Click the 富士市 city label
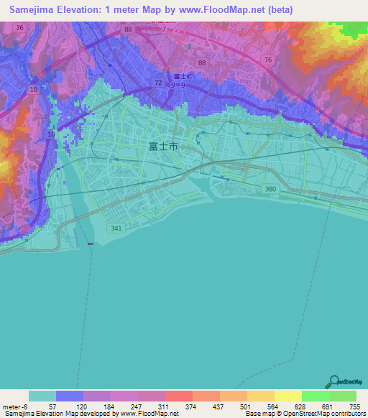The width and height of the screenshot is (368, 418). [163, 147]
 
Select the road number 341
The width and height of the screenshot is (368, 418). [116, 228]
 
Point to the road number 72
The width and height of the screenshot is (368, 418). [157, 83]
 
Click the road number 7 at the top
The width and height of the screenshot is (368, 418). [164, 29]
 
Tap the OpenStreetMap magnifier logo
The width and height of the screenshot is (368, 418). [332, 382]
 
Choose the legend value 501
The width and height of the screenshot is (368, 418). [246, 407]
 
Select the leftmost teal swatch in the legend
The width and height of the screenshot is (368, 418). [42, 396]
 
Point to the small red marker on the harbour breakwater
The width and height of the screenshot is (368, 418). [90, 244]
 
